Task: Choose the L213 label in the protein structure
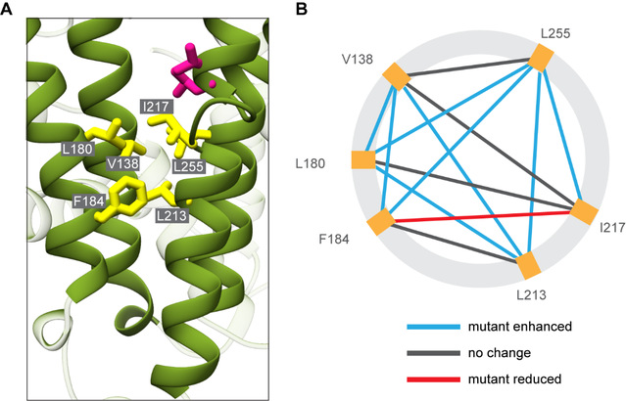pos(173,211)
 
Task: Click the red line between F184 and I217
pos(480,217)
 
